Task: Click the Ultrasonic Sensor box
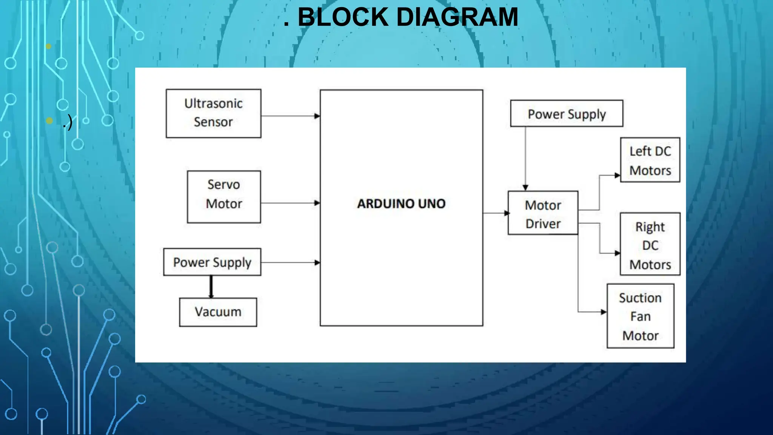(213, 113)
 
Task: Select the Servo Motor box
(224, 197)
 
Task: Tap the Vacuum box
(218, 312)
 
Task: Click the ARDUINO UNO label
(401, 204)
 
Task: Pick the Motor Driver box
(543, 213)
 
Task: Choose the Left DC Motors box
(650, 160)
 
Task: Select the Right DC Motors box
(650, 244)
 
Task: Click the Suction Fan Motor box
(640, 316)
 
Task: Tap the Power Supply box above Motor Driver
(567, 114)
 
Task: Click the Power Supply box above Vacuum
(212, 262)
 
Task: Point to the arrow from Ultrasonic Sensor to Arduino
(290, 116)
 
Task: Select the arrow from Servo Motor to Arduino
(290, 203)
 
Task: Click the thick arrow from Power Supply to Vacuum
(211, 287)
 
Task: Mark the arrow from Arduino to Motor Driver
(495, 213)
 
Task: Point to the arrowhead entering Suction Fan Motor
(604, 312)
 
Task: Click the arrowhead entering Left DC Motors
(617, 175)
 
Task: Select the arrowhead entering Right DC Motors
(617, 253)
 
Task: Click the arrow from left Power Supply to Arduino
(290, 262)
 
